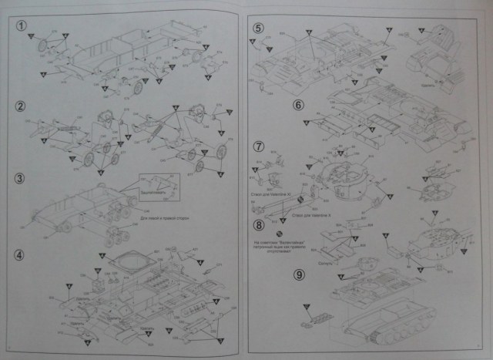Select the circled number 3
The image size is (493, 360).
point(22,178)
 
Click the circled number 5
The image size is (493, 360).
point(258,29)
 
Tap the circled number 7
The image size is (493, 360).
point(259,145)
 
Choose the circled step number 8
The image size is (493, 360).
point(259,225)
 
